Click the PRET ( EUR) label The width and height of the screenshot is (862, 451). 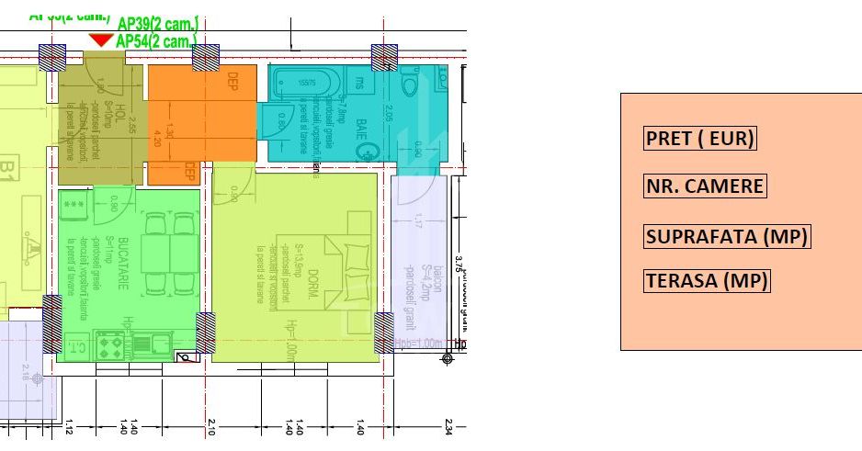[x=700, y=139]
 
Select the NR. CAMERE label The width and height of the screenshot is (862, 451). [x=704, y=186]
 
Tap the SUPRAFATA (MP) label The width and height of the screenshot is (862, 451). [x=727, y=236]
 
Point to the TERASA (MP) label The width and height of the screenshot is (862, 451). [x=706, y=281]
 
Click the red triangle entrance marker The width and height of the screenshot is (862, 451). [x=101, y=40]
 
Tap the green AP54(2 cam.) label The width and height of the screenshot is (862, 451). [x=156, y=40]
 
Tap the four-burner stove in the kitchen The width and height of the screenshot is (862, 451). [x=111, y=345]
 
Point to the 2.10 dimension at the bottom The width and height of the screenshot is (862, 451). [x=212, y=426]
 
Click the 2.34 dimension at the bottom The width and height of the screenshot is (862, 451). [x=448, y=426]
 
